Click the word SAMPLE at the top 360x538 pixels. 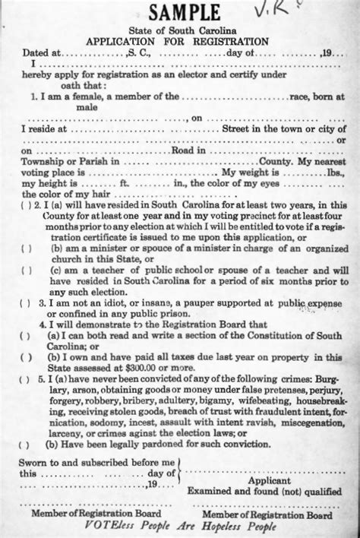click(x=185, y=13)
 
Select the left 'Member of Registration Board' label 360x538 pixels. click(x=95, y=514)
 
